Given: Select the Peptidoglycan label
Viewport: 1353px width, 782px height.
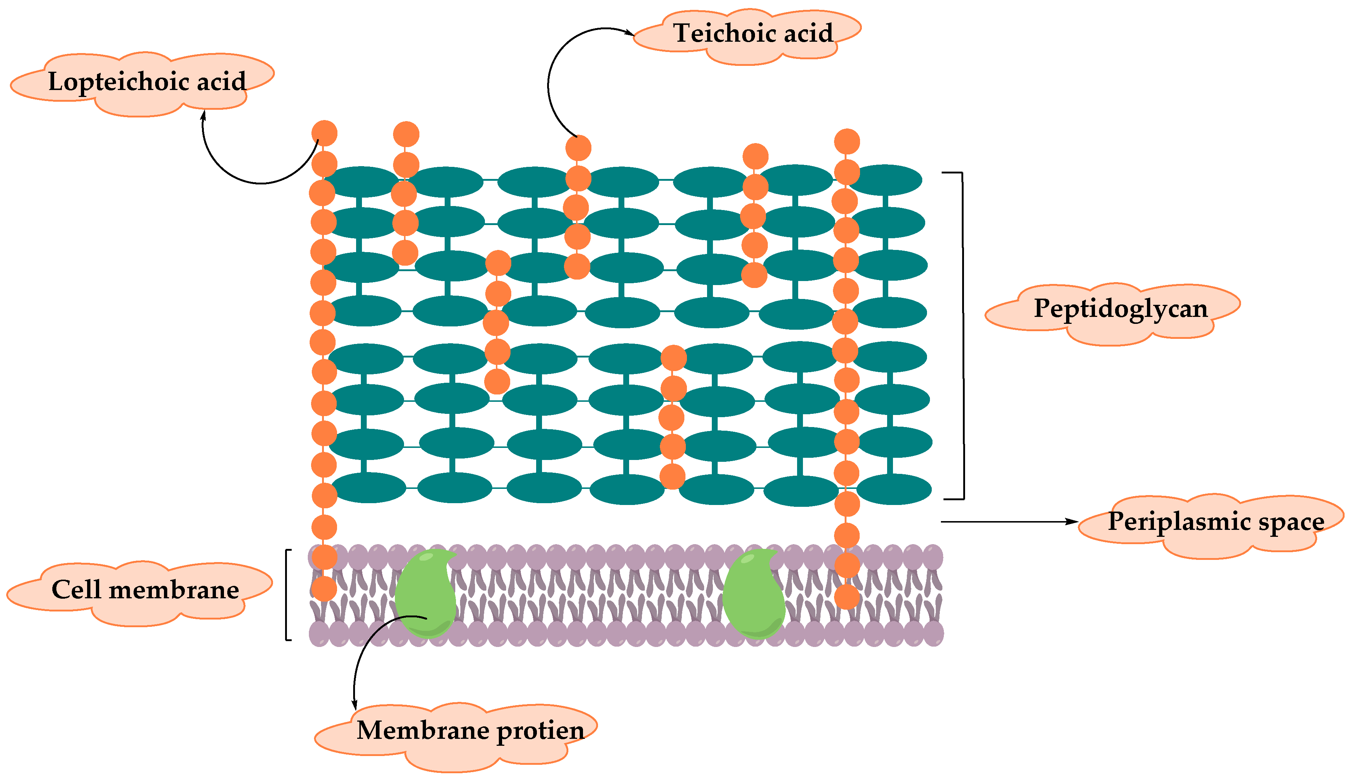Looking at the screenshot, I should tap(1121, 308).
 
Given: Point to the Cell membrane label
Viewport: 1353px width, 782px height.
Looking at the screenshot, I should tap(145, 590).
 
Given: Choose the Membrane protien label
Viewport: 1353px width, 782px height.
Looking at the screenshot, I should tap(470, 730).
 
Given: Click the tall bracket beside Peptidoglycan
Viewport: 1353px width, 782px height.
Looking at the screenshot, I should tap(962, 336).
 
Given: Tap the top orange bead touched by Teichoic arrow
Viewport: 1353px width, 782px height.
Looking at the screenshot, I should tap(578, 148).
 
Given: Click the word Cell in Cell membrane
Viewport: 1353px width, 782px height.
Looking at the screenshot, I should tap(76, 590).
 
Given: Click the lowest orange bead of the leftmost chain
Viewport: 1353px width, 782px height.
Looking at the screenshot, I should tap(324, 589).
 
